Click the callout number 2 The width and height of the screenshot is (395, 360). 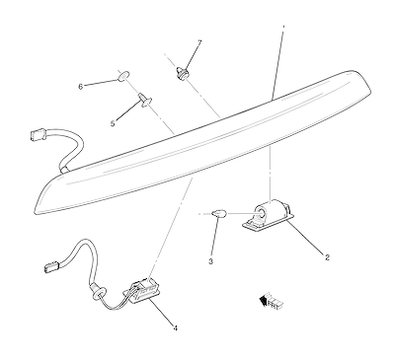coord(327,257)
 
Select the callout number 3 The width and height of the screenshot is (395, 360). coord(211,261)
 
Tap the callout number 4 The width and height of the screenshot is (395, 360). coord(176,328)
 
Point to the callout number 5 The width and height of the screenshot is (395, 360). coord(113,123)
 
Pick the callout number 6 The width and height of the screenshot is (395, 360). coord(80,87)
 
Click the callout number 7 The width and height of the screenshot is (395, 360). coord(199,42)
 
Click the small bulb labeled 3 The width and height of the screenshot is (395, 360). coord(217,214)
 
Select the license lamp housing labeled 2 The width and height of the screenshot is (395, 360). coord(269,215)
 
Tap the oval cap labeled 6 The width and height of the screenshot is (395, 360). coord(122,76)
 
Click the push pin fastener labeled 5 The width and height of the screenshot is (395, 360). coord(144,100)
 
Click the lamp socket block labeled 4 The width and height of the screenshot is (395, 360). coord(143,289)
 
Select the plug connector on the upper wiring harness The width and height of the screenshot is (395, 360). coord(39,134)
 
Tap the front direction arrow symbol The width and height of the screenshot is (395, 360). coord(272,300)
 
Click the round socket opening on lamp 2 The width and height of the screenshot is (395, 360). coord(261,213)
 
